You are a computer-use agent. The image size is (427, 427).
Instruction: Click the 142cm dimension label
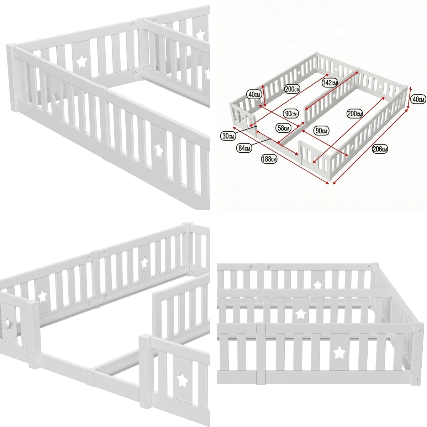pos(330,83)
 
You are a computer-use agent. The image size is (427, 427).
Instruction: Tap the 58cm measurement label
pos(283,128)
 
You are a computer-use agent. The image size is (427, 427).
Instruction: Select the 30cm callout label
pos(228,136)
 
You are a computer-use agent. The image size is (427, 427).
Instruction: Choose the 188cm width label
pos(269,159)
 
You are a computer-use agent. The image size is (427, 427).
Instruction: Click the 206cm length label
pos(380,149)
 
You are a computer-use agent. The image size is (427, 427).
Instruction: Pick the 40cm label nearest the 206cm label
pos(418,99)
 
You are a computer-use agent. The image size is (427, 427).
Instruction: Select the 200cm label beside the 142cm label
pos(292,89)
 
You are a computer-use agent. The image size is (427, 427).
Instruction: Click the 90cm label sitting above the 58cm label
pos(291,114)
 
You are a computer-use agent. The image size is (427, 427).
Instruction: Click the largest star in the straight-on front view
pos(340,352)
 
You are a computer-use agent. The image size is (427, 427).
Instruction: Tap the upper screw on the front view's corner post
pos(419,330)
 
